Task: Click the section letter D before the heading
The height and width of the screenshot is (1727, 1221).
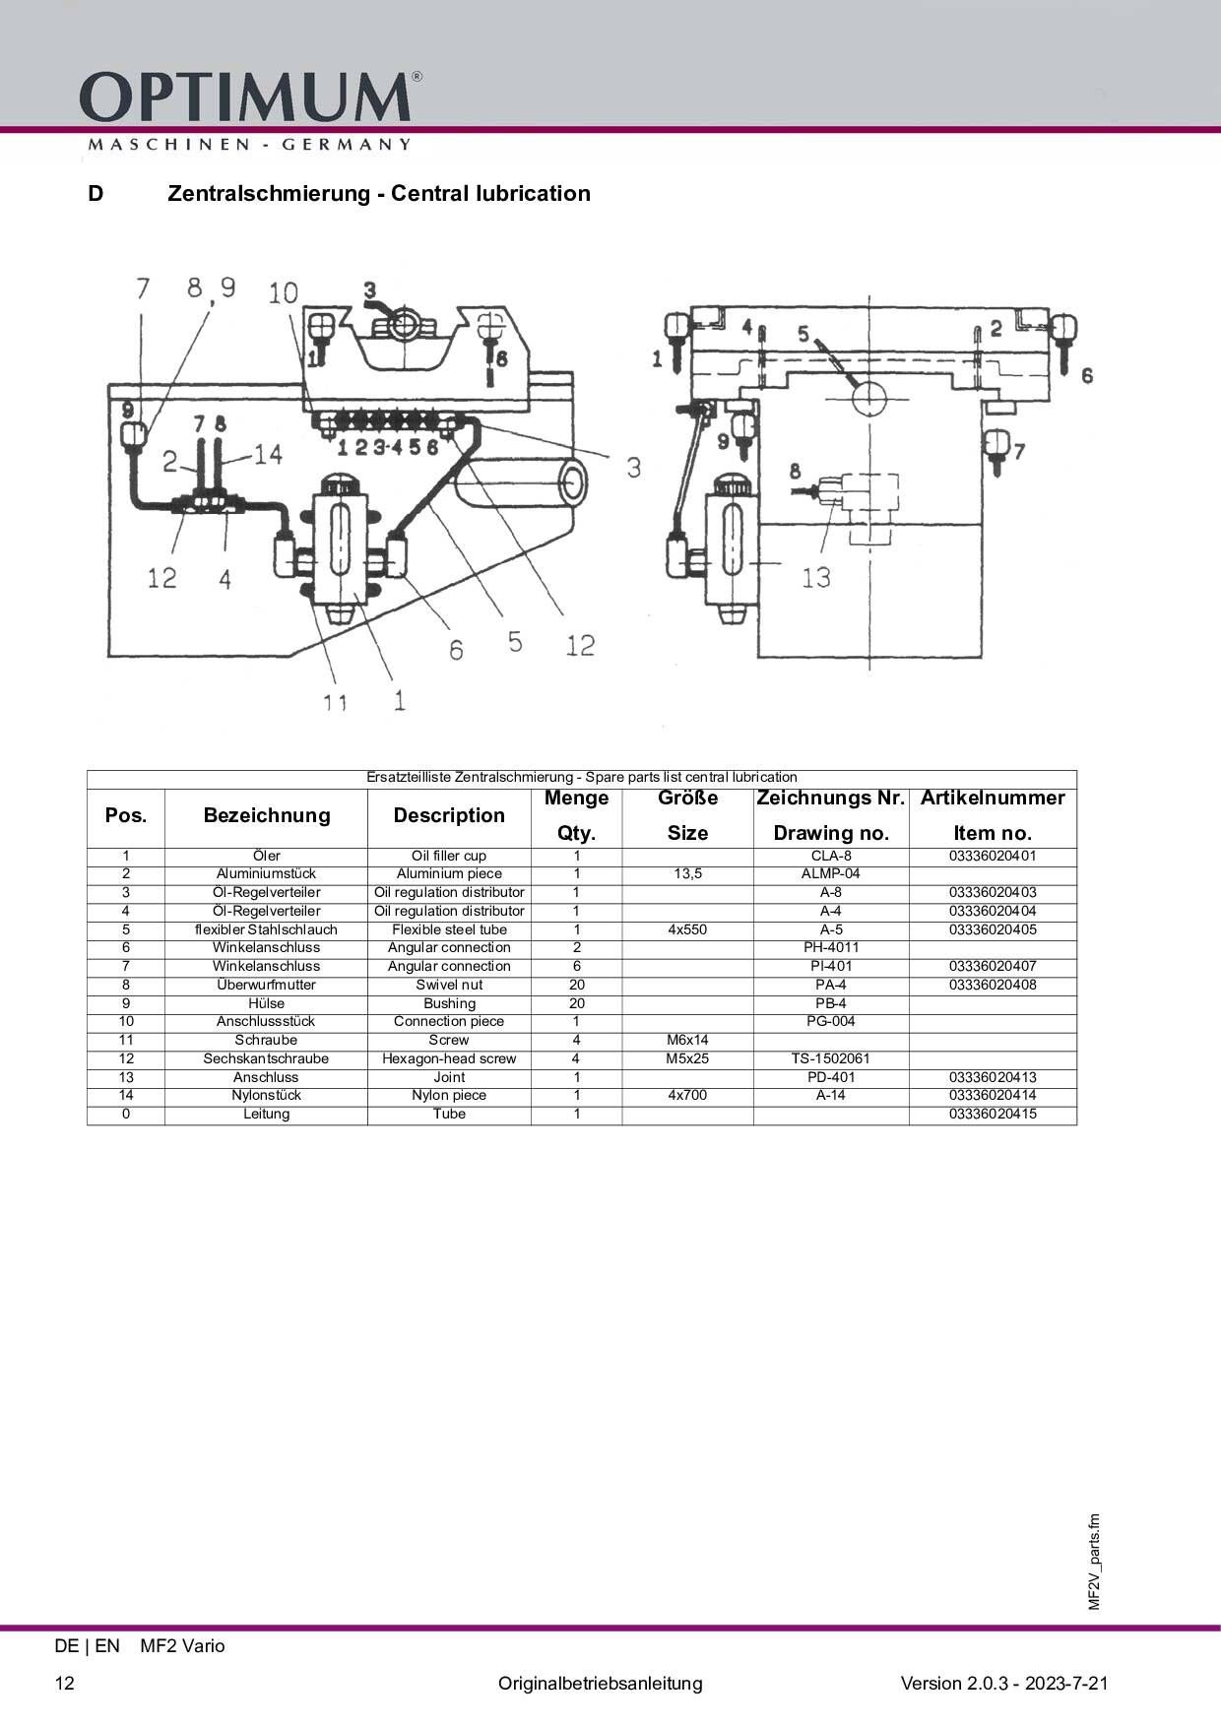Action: [96, 193]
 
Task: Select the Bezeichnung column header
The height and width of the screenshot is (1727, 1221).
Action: [266, 815]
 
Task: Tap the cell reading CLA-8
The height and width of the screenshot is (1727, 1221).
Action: [831, 856]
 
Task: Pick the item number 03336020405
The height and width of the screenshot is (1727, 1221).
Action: [993, 929]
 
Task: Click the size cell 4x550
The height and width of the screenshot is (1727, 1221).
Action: [687, 929]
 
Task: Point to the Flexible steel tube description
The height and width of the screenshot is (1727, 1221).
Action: [449, 929]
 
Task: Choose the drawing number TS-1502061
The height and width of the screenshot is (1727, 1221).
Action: [831, 1058]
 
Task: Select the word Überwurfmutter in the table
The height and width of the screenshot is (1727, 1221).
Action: [266, 985]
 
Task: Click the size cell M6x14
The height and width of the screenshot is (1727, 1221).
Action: [687, 1040]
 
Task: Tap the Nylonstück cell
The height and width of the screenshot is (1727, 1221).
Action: [266, 1095]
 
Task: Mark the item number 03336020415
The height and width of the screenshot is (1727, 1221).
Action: [993, 1114]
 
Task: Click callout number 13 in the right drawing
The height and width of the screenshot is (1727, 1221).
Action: [816, 577]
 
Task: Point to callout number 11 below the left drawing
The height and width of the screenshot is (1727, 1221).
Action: [336, 702]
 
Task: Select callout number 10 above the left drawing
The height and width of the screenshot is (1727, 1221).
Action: [284, 292]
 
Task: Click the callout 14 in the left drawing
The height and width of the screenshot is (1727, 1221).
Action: [268, 454]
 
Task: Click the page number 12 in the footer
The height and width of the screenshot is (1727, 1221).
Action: [64, 1683]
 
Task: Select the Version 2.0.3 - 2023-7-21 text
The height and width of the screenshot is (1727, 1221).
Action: [1004, 1683]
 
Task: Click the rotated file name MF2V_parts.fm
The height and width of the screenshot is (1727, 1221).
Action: [1094, 1562]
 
